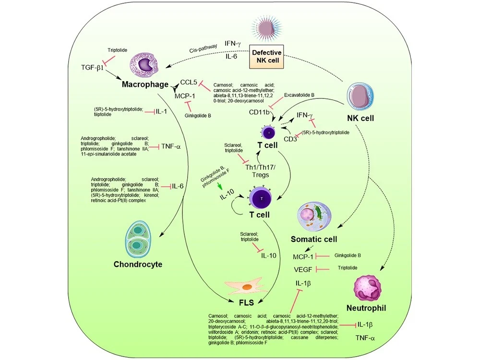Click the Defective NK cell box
click(x=266, y=57)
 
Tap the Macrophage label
click(x=145, y=84)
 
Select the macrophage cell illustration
click(x=144, y=64)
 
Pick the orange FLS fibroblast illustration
click(x=246, y=287)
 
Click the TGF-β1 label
click(x=92, y=67)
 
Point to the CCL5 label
click(x=189, y=82)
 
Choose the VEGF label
click(x=303, y=269)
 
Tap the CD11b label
click(x=259, y=112)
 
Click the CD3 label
click(x=290, y=139)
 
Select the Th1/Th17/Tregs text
click(x=261, y=171)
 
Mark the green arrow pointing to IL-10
click(x=219, y=186)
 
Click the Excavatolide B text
click(x=299, y=95)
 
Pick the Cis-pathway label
click(x=203, y=48)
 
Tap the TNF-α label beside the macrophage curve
click(x=171, y=146)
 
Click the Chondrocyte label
click(x=138, y=264)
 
